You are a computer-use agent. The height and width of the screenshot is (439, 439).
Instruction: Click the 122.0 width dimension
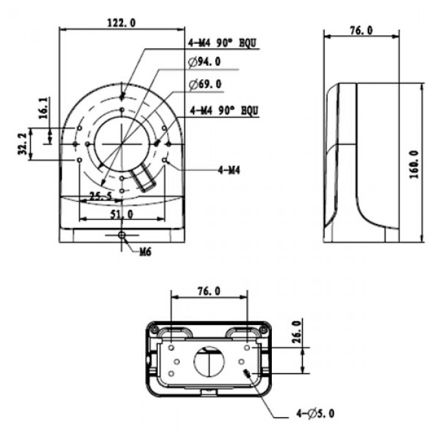tap(122, 23)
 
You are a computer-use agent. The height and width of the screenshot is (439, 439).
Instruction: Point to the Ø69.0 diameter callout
tap(204, 84)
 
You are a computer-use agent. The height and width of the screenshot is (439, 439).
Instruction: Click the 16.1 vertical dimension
tap(43, 108)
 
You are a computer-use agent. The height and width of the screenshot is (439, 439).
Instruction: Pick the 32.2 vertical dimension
tap(23, 144)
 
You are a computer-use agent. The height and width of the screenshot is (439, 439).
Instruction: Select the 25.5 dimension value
tap(100, 196)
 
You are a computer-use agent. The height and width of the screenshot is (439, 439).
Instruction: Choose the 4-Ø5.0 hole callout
tap(315, 413)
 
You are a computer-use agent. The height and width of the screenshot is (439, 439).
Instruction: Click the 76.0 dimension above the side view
tap(361, 31)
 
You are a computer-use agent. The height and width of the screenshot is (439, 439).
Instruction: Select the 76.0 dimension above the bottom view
tap(208, 291)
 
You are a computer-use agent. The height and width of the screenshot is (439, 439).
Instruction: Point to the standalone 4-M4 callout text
tap(230, 169)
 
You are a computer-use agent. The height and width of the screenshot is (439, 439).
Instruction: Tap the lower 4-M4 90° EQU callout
tap(225, 110)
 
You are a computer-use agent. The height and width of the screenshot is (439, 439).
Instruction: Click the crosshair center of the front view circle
tap(121, 144)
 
